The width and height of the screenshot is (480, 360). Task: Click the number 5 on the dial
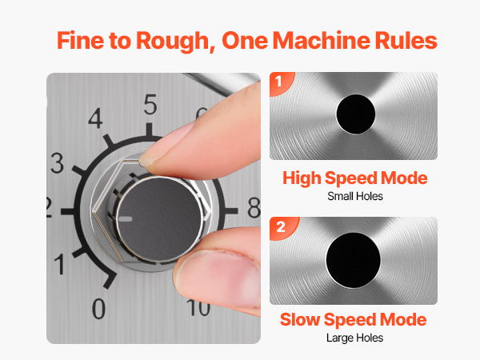[150, 105]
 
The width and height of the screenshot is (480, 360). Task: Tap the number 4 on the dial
[95, 118]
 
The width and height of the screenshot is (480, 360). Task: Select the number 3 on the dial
[58, 163]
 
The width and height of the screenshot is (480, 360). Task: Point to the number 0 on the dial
[99, 309]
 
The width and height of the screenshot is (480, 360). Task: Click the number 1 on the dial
[60, 264]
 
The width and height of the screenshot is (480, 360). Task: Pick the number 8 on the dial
[254, 208]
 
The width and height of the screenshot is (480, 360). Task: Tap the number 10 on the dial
[199, 308]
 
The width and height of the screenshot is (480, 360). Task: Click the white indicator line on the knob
[126, 219]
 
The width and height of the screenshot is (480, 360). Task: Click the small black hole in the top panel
[356, 114]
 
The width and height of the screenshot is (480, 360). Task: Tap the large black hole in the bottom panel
[354, 260]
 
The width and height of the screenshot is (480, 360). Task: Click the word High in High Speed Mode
[302, 178]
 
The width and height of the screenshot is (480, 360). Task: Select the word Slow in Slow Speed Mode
[299, 319]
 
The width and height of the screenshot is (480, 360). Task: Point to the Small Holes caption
[355, 196]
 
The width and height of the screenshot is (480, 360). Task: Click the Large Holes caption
[354, 338]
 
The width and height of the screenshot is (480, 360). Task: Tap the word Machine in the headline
[321, 41]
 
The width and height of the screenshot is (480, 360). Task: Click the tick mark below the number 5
[149, 130]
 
